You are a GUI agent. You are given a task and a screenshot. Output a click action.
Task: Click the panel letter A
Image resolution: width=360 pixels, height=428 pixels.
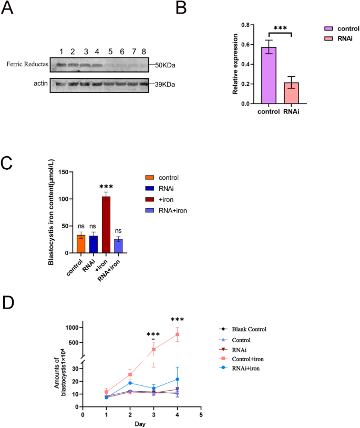[9, 9]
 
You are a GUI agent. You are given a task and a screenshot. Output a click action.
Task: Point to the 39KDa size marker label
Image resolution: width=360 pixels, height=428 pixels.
[166, 84]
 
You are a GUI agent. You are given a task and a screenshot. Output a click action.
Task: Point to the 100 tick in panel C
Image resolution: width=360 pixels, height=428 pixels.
[64, 199]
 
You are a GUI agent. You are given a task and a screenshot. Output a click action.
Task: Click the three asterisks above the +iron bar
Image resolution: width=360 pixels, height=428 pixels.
[107, 187]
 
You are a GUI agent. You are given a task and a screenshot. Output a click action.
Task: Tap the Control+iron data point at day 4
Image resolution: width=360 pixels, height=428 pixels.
[178, 334]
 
